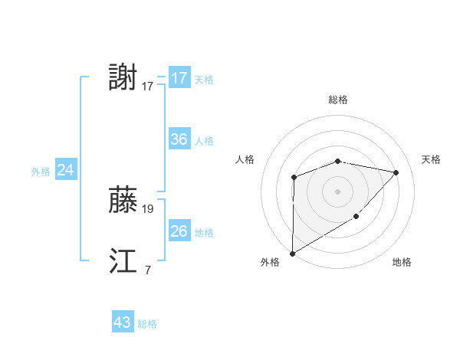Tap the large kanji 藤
point(123,201)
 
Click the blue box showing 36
point(179,139)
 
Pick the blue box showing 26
point(179,231)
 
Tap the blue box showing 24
point(66,171)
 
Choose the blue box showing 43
point(123,323)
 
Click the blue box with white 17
point(179,78)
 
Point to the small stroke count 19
point(148,208)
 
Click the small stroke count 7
point(147,269)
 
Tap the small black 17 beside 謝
point(148,86)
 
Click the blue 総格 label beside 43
point(147,324)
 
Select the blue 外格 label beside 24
point(41,172)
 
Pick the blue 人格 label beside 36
point(204,141)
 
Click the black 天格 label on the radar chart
point(431,159)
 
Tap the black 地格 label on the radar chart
point(402,262)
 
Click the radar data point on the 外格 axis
point(293,253)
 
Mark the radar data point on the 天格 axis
point(396,172)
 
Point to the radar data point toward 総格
point(337,161)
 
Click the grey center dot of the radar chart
point(337,191)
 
